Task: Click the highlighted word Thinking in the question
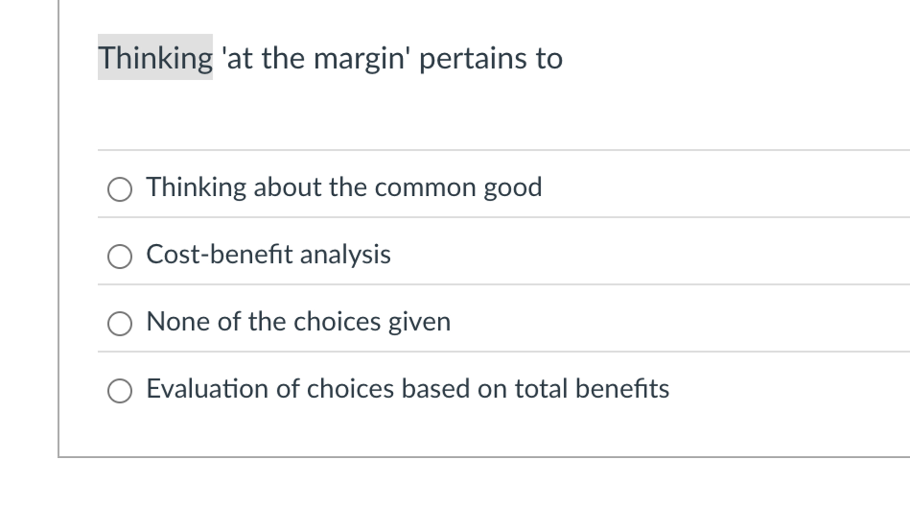(155, 58)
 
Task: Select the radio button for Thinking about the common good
(120, 189)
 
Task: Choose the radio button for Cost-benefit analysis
(120, 256)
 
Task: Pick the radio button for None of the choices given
(120, 323)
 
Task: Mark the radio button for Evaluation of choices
(120, 391)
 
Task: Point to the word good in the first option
(513, 187)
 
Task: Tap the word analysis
(345, 254)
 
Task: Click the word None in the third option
(177, 322)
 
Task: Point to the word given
(419, 322)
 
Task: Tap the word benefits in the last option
(622, 389)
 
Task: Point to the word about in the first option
(287, 187)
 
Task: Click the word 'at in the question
(237, 59)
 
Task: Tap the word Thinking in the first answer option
(196, 187)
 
